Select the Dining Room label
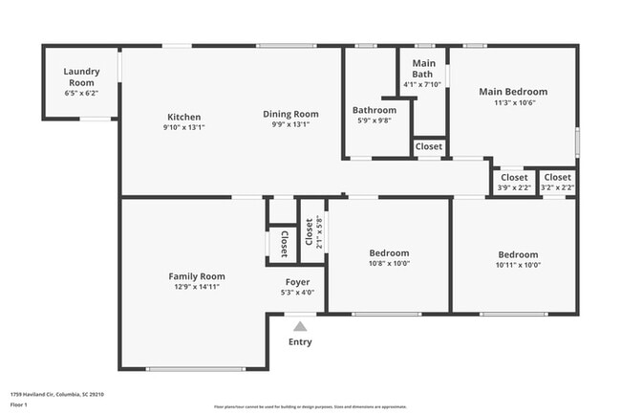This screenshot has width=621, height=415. coord(291,115)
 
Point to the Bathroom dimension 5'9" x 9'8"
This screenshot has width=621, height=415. coord(374,120)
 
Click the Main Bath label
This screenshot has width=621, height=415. coord(422,69)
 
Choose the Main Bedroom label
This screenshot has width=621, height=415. coord(513,92)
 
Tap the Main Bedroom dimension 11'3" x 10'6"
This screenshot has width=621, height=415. coord(513,103)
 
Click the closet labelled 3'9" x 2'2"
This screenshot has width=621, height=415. coord(513,182)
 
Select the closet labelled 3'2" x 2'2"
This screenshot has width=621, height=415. coord(558,182)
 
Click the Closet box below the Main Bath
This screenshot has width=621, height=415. coord(429,147)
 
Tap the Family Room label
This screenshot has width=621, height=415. coord(197,275)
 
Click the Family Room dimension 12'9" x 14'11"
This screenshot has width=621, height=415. coord(197,287)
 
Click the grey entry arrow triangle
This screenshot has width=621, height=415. coord(300,327)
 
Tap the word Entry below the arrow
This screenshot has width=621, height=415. coord(300,342)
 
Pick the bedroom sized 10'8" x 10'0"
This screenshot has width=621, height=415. coord(389,259)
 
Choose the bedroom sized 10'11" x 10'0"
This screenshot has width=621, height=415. coord(518,260)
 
